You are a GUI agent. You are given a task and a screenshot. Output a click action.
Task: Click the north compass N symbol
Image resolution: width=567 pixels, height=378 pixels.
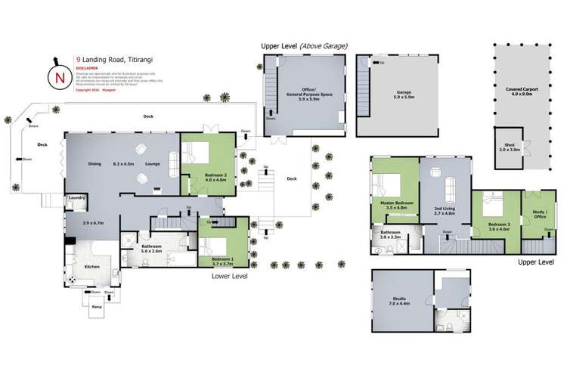57,75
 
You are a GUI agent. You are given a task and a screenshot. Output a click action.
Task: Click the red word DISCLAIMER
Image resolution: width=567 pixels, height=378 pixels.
87,65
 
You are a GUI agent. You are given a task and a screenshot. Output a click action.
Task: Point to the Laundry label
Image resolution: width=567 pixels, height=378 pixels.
76,197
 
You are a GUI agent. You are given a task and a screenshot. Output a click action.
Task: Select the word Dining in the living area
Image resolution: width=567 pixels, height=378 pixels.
94,163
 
